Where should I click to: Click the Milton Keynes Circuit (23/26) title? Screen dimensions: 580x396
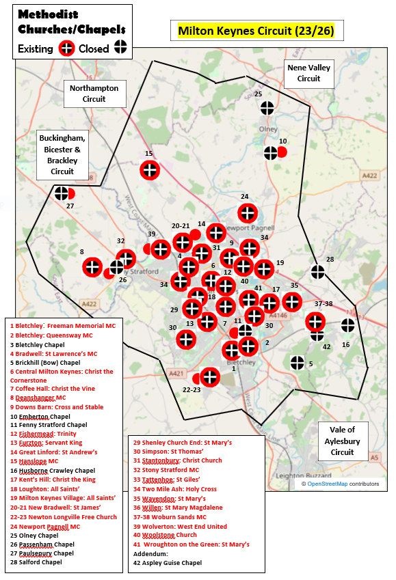[x=256, y=31]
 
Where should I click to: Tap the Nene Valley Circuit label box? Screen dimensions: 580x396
[x=308, y=73]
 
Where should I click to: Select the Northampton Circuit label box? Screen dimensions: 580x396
[x=94, y=94]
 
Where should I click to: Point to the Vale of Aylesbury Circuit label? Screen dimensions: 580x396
[x=343, y=441]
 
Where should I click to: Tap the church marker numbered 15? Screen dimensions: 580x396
[x=150, y=170]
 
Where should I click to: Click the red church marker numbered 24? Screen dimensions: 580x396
[x=248, y=213]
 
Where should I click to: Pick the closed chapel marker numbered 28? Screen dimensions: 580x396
[x=318, y=272]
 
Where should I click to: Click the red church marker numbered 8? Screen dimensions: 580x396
[x=92, y=268]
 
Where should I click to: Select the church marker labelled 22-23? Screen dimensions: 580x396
[x=209, y=376]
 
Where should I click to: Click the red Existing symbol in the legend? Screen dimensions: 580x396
[x=67, y=49]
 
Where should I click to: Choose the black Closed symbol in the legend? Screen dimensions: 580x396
[x=120, y=48]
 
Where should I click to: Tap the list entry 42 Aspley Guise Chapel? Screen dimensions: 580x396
[x=168, y=563]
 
